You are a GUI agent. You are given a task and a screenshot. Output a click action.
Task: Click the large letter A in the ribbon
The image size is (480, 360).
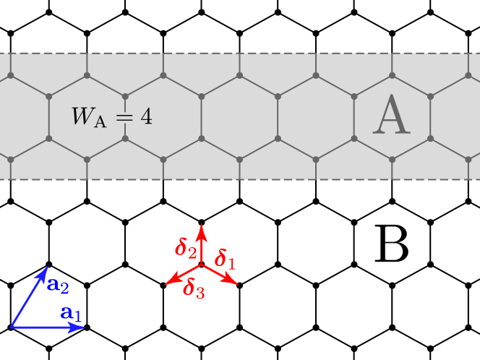click(392, 116)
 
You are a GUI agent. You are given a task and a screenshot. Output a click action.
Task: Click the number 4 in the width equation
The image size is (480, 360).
click(147, 116)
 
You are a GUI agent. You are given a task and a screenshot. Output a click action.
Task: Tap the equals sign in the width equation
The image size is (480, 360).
click(125, 116)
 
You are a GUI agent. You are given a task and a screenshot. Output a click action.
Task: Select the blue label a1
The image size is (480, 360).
click(71, 313)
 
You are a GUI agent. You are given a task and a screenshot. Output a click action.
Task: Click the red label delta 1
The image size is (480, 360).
click(225, 259)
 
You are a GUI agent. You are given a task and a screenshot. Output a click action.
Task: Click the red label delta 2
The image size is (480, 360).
click(186, 248)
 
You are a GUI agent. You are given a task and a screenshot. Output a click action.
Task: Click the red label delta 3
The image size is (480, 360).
click(194, 288)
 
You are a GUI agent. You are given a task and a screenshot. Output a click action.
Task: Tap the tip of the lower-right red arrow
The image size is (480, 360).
click(236, 283)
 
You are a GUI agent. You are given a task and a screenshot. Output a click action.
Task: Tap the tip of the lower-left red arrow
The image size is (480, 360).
click(168, 283)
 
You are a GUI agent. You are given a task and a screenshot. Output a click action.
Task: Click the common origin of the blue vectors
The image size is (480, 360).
click(11, 327)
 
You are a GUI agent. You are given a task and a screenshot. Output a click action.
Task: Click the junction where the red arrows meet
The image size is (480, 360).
click(202, 265)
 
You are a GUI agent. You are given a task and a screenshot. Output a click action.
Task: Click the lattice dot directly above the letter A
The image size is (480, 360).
click(393, 74)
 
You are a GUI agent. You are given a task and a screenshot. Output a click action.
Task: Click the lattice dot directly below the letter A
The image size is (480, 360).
click(393, 159)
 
